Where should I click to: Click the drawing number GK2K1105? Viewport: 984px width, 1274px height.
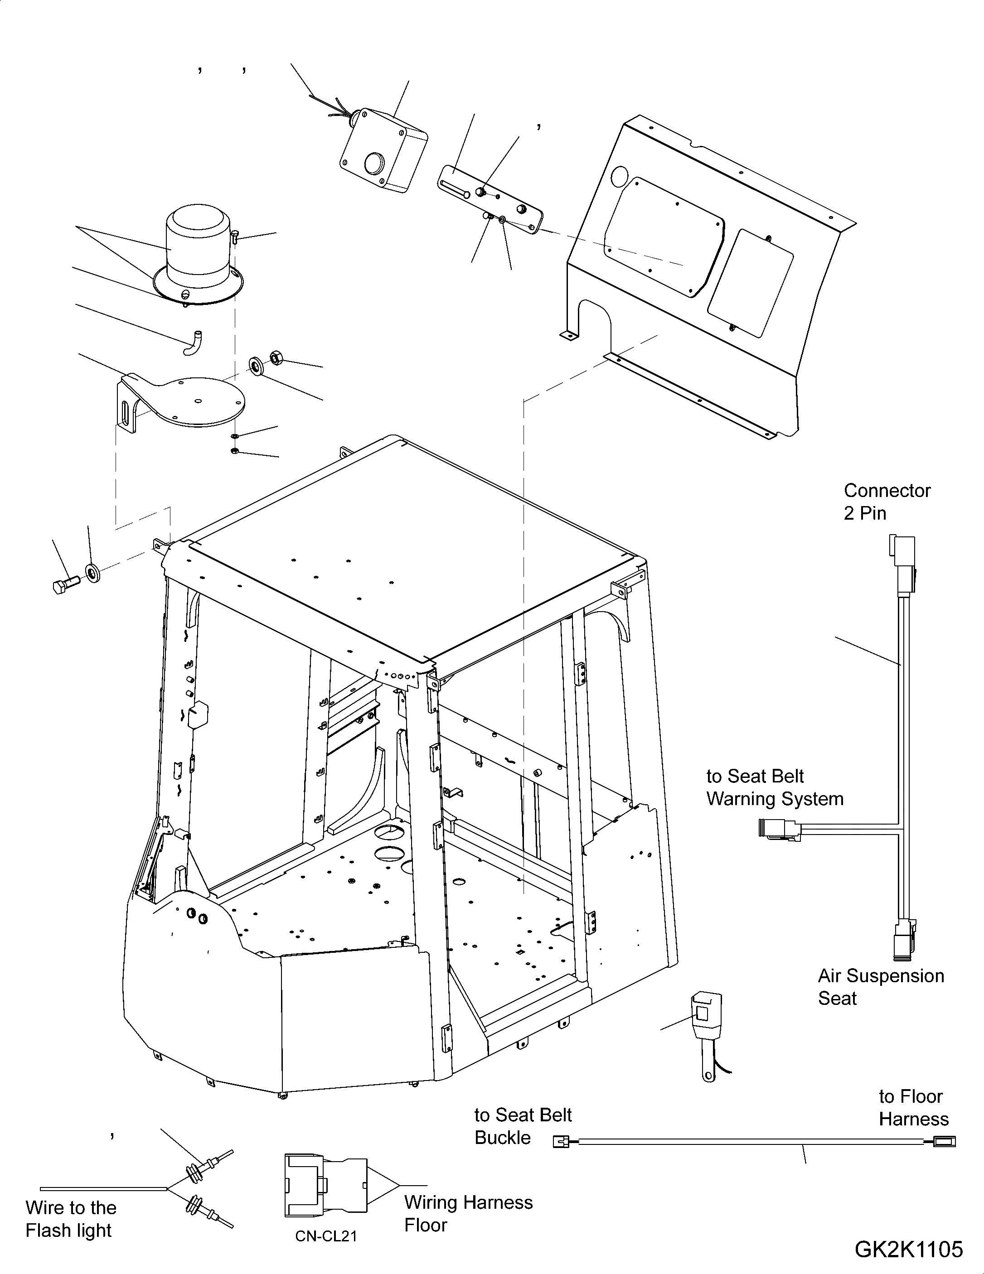[908, 1249]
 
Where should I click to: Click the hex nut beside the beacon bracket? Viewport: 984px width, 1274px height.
[276, 357]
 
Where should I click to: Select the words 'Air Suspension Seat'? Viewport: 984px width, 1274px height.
[880, 986]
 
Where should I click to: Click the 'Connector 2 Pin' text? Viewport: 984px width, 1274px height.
[887, 502]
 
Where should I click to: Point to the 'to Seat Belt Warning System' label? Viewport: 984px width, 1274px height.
[775, 787]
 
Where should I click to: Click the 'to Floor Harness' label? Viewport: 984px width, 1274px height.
[913, 1108]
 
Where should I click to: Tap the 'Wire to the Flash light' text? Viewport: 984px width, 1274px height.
[71, 1219]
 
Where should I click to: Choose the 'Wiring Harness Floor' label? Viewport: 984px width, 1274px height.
[468, 1213]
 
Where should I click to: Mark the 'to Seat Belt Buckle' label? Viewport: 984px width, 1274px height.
[522, 1126]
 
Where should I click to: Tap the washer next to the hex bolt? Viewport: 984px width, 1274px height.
[92, 572]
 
